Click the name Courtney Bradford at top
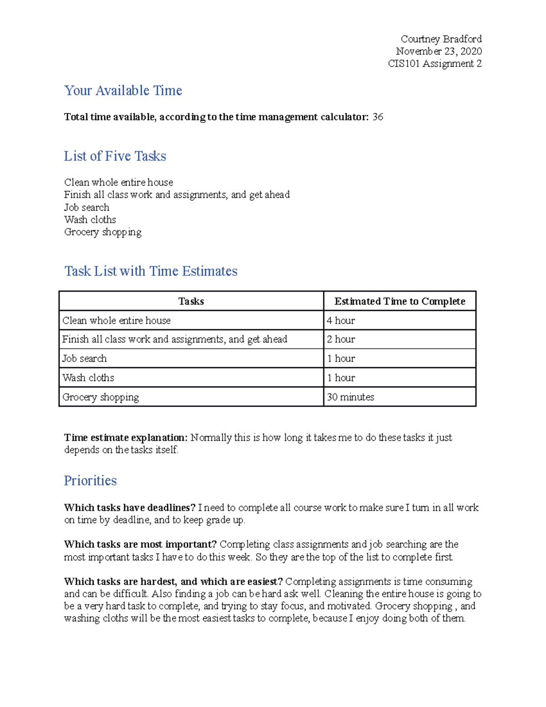(441, 39)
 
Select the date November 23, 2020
(439, 51)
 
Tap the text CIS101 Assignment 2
(435, 64)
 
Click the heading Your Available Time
(123, 91)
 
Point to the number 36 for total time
(378, 117)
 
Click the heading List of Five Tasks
(115, 156)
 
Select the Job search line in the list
(86, 208)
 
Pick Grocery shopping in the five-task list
(102, 232)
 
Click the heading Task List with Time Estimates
(151, 271)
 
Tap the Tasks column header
(191, 301)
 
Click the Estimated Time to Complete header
(399, 301)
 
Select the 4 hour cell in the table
(341, 320)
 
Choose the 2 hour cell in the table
(341, 340)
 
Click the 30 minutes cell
(350, 397)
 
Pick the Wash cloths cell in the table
(88, 378)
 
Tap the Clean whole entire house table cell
(116, 320)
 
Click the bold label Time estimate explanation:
(126, 438)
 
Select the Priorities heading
(90, 481)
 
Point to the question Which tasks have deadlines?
(130, 508)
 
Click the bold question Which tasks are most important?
(140, 544)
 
